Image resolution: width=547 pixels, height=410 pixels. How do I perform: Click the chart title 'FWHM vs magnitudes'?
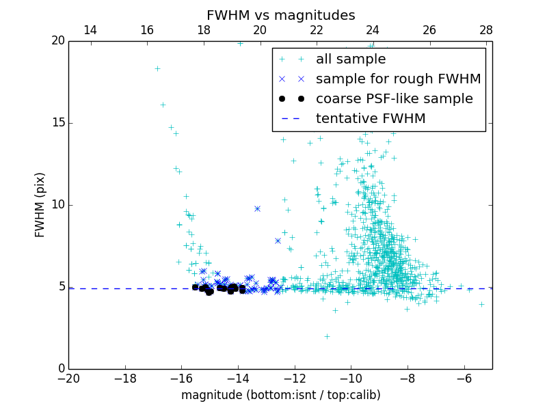(x=280, y=15)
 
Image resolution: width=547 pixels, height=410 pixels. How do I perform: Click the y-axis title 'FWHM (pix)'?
(x=40, y=205)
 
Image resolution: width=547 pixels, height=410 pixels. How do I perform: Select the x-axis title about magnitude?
(x=280, y=395)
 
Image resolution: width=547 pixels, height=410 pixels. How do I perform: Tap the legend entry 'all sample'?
(x=350, y=59)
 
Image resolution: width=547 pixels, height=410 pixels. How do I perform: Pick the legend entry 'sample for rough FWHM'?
(x=398, y=79)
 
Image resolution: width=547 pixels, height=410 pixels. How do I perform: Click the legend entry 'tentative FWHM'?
(x=371, y=118)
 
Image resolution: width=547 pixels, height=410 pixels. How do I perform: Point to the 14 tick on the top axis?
(x=90, y=30)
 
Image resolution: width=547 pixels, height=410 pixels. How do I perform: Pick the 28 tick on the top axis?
(x=486, y=30)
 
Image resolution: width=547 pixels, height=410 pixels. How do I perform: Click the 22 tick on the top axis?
(x=317, y=30)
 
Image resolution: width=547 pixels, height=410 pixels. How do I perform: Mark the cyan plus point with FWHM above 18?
(x=157, y=68)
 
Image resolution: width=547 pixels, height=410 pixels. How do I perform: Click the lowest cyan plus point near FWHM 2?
(x=327, y=336)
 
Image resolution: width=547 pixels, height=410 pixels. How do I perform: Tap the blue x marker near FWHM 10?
(x=257, y=208)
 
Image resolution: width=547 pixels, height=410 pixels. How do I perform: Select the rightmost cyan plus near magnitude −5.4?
(x=481, y=304)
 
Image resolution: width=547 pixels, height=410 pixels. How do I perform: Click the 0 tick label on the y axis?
(x=59, y=369)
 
